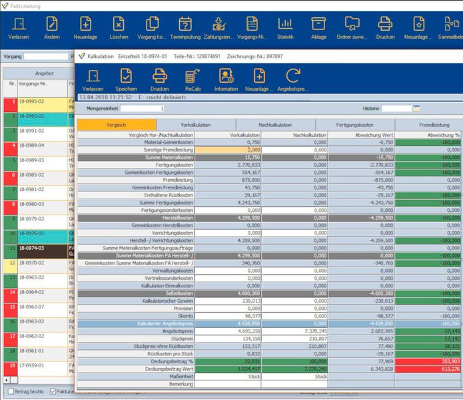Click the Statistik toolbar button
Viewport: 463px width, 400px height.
pyautogui.click(x=285, y=28)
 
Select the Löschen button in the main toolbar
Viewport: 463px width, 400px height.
pyautogui.click(x=118, y=28)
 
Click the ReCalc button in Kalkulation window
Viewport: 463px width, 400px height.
pyautogui.click(x=193, y=79)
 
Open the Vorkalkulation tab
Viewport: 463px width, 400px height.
pyautogui.click(x=196, y=125)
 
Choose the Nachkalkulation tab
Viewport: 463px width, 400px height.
pyautogui.click(x=275, y=125)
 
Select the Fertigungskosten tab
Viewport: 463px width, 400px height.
pyautogui.click(x=354, y=125)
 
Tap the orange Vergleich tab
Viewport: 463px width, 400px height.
pyautogui.click(x=117, y=125)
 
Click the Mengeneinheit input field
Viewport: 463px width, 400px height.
pyautogui.click(x=142, y=108)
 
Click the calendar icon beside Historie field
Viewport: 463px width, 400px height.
pyautogui.click(x=416, y=108)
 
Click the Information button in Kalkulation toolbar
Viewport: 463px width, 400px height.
pyautogui.click(x=226, y=79)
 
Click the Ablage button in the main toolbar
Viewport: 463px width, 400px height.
pyautogui.click(x=318, y=28)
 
